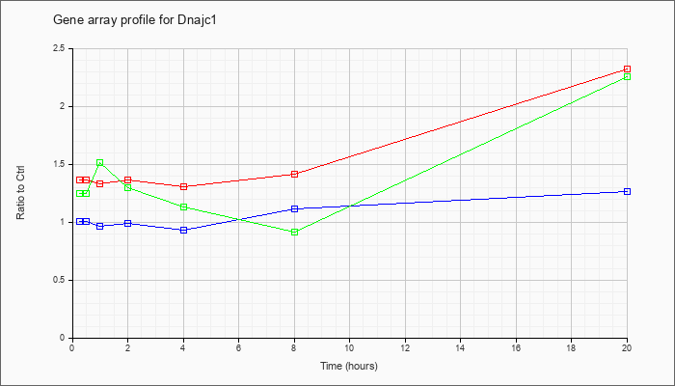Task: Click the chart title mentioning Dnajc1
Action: [134, 20]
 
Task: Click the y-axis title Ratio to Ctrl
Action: [20, 192]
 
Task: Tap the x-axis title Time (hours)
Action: [349, 366]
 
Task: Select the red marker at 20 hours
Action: [627, 69]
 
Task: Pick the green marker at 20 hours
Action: [627, 76]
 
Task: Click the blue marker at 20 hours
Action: [627, 191]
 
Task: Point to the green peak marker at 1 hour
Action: [100, 162]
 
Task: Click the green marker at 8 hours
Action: [294, 232]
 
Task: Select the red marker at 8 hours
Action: [294, 174]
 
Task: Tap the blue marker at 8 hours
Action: [294, 209]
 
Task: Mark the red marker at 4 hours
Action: [184, 186]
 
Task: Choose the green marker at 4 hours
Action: [184, 207]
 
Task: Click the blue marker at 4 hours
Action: [184, 230]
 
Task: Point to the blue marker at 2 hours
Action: [128, 223]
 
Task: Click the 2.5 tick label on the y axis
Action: [60, 48]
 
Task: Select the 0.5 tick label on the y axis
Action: [60, 281]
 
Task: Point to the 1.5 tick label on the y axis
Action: [60, 165]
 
